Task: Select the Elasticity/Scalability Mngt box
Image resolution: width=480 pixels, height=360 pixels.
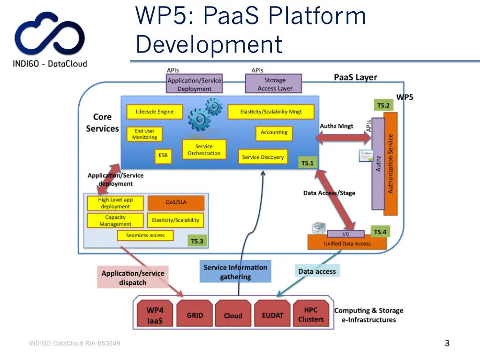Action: pyautogui.click(x=270, y=112)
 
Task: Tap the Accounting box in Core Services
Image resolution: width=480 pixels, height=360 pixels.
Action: pyautogui.click(x=274, y=133)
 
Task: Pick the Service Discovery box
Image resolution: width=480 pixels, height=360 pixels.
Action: pyautogui.click(x=262, y=157)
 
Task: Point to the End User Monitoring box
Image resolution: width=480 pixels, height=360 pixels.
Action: pyautogui.click(x=144, y=134)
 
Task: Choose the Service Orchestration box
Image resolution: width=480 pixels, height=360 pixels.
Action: pyautogui.click(x=204, y=150)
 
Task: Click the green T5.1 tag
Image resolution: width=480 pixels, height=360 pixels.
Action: pyautogui.click(x=307, y=163)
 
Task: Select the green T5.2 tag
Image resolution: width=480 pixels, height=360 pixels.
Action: pyautogui.click(x=383, y=105)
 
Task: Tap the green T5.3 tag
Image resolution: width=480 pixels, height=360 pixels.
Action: pyautogui.click(x=197, y=241)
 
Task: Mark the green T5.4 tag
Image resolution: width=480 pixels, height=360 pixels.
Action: pyautogui.click(x=379, y=232)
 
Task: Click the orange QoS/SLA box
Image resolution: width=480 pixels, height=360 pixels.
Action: pyautogui.click(x=176, y=203)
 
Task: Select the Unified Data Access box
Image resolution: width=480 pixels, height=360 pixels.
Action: pyautogui.click(x=347, y=243)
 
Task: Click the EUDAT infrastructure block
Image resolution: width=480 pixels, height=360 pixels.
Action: pyautogui.click(x=272, y=315)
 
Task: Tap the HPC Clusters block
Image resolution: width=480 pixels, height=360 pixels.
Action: pyautogui.click(x=311, y=315)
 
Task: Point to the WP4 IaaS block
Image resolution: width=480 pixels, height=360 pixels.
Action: pyautogui.click(x=154, y=315)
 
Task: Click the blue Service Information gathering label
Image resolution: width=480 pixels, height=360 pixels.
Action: pyautogui.click(x=235, y=272)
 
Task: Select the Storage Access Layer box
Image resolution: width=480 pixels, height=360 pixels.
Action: pyautogui.click(x=274, y=84)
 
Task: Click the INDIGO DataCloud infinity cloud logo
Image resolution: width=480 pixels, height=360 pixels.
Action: pyautogui.click(x=50, y=37)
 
